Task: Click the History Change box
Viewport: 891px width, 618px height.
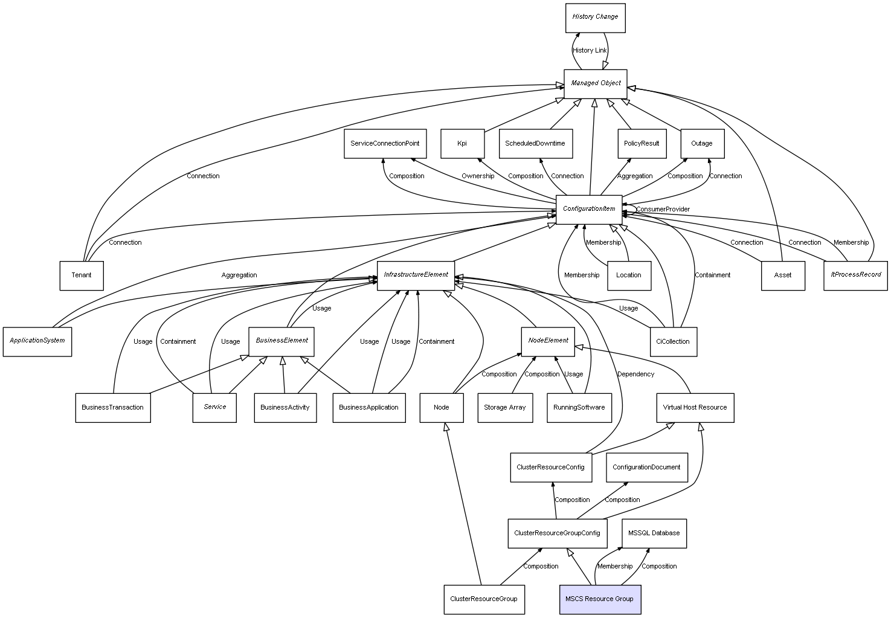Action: [595, 18]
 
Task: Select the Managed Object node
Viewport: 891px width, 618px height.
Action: [596, 83]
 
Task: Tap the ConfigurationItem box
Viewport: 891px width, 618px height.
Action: [589, 209]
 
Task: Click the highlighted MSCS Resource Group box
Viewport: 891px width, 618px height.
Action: [600, 599]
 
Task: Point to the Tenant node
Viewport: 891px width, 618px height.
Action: [82, 275]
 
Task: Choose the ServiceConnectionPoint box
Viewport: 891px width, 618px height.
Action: [385, 144]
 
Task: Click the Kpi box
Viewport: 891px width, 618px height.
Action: [462, 144]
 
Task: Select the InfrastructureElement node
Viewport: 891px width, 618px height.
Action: [416, 275]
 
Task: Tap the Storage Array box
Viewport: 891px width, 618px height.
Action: [505, 407]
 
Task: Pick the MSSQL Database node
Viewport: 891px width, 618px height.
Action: [654, 533]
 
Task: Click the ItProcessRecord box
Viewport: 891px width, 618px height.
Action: [855, 275]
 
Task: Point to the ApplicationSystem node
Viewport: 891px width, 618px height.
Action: [37, 341]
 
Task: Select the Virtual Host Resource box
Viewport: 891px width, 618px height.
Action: [695, 407]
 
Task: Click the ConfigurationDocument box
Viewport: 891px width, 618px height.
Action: [646, 468]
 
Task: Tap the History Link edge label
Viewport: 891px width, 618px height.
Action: [590, 51]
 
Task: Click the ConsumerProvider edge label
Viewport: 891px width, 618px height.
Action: [663, 210]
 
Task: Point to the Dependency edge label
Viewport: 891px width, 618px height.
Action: [635, 375]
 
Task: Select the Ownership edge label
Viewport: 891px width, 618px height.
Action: [478, 176]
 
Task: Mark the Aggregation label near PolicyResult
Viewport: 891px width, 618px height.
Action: [635, 176]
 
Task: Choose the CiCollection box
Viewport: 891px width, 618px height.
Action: [673, 341]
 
